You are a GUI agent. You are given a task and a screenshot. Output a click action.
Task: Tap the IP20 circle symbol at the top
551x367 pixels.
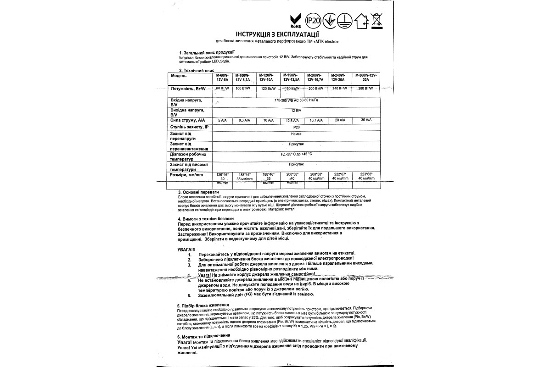click(x=312, y=21)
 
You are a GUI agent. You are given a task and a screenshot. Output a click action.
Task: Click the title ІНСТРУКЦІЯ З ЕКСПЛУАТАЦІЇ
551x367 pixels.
click(x=277, y=34)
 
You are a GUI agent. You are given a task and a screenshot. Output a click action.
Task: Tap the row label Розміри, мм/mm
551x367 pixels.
click(x=187, y=176)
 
